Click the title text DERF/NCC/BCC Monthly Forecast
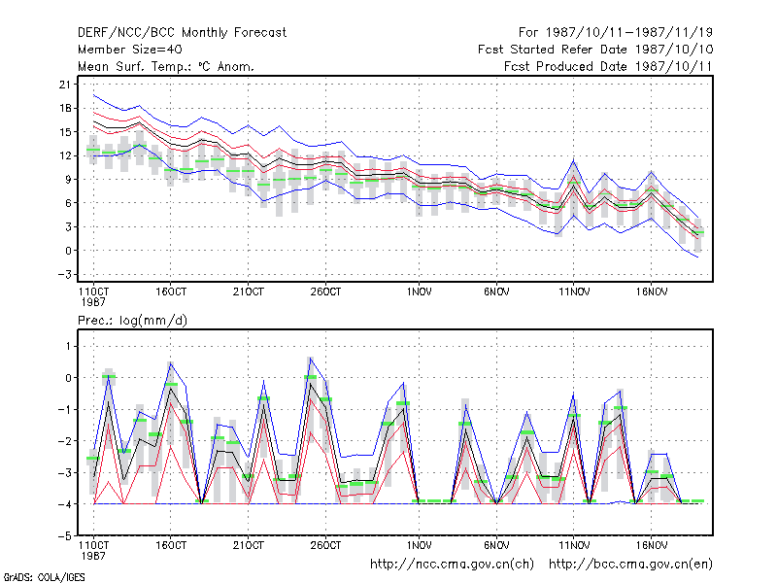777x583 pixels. click(x=182, y=33)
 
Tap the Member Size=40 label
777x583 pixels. click(x=130, y=50)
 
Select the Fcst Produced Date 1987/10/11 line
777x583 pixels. click(x=608, y=66)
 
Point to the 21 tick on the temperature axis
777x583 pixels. click(x=65, y=85)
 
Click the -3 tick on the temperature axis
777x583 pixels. click(x=65, y=274)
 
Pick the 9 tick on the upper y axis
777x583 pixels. click(x=68, y=180)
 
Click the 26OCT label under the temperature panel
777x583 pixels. click(x=325, y=292)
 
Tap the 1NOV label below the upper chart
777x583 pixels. click(x=420, y=292)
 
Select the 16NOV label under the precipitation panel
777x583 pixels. click(x=651, y=545)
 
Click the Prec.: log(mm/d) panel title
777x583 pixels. click(x=132, y=321)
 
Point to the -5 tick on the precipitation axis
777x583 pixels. click(x=65, y=536)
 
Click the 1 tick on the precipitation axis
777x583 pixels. click(x=68, y=346)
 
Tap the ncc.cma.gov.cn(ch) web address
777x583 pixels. click(x=452, y=565)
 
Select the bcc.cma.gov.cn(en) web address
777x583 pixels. click(x=630, y=565)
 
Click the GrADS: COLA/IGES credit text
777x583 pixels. click(x=44, y=577)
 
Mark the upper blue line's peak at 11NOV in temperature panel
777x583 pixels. click(x=574, y=160)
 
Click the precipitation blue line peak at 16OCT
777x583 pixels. click(x=171, y=363)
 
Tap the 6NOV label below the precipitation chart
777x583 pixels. click(x=496, y=545)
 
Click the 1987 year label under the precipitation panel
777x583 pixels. click(x=93, y=556)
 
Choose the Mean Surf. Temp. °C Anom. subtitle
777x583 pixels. click(x=165, y=66)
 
